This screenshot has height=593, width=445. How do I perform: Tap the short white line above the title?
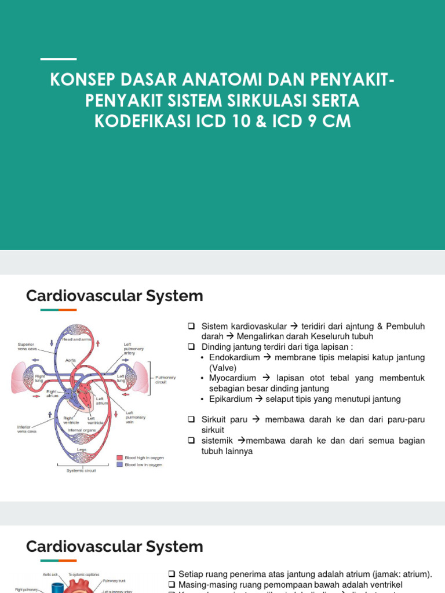tap(59, 59)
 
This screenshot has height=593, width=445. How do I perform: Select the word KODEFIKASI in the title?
tap(143, 122)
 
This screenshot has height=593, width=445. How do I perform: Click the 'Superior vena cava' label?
tap(27, 346)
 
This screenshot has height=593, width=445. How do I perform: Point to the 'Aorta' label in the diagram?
tap(70, 360)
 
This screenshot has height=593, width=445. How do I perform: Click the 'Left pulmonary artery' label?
tap(133, 349)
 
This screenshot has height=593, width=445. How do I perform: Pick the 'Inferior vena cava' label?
tap(27, 430)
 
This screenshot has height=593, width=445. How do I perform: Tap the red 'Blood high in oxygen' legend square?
tap(119, 457)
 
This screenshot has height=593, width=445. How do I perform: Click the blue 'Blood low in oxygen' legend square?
tap(119, 464)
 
